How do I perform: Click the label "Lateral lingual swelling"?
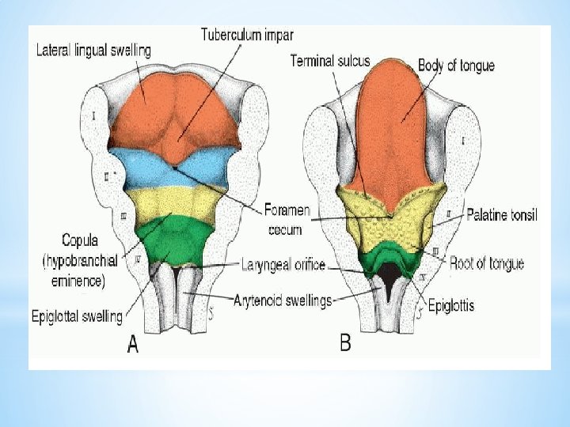coord(93,50)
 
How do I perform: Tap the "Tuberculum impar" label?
coord(247,35)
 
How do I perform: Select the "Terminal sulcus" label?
coord(329,60)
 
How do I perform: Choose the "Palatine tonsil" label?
coord(501,214)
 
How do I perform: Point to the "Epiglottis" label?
coord(450,304)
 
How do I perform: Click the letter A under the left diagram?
coord(132,346)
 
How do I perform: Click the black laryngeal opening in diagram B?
coord(391,273)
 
